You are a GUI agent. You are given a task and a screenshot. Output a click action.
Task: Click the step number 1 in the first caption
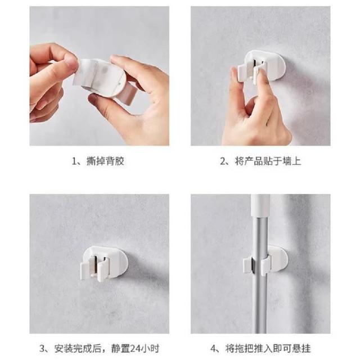coord(74,161)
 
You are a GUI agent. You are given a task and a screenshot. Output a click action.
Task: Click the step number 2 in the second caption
coord(223,161)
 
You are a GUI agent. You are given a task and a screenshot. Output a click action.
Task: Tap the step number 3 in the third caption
coord(42,348)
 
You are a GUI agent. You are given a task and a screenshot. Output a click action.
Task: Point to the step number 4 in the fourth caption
coord(214,348)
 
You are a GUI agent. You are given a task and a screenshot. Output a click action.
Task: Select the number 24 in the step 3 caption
coord(136,348)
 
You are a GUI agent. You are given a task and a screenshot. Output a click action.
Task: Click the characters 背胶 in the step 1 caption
coord(115,161)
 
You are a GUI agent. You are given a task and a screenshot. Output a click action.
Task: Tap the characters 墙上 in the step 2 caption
coord(291,161)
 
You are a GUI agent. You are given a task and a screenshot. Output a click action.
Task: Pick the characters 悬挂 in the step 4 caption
coord(301,348)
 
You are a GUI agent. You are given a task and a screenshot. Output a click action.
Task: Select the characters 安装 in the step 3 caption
coord(64,348)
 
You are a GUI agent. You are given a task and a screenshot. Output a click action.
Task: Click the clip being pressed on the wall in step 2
coord(262,66)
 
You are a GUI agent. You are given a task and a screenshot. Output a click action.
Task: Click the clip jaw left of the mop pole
coord(248,265)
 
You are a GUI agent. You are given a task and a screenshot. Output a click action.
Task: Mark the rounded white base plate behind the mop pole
coord(280,259)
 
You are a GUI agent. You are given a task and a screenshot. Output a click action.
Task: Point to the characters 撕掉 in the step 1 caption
coord(96,161)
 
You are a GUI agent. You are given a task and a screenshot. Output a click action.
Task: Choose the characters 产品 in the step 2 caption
coord(253,161)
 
